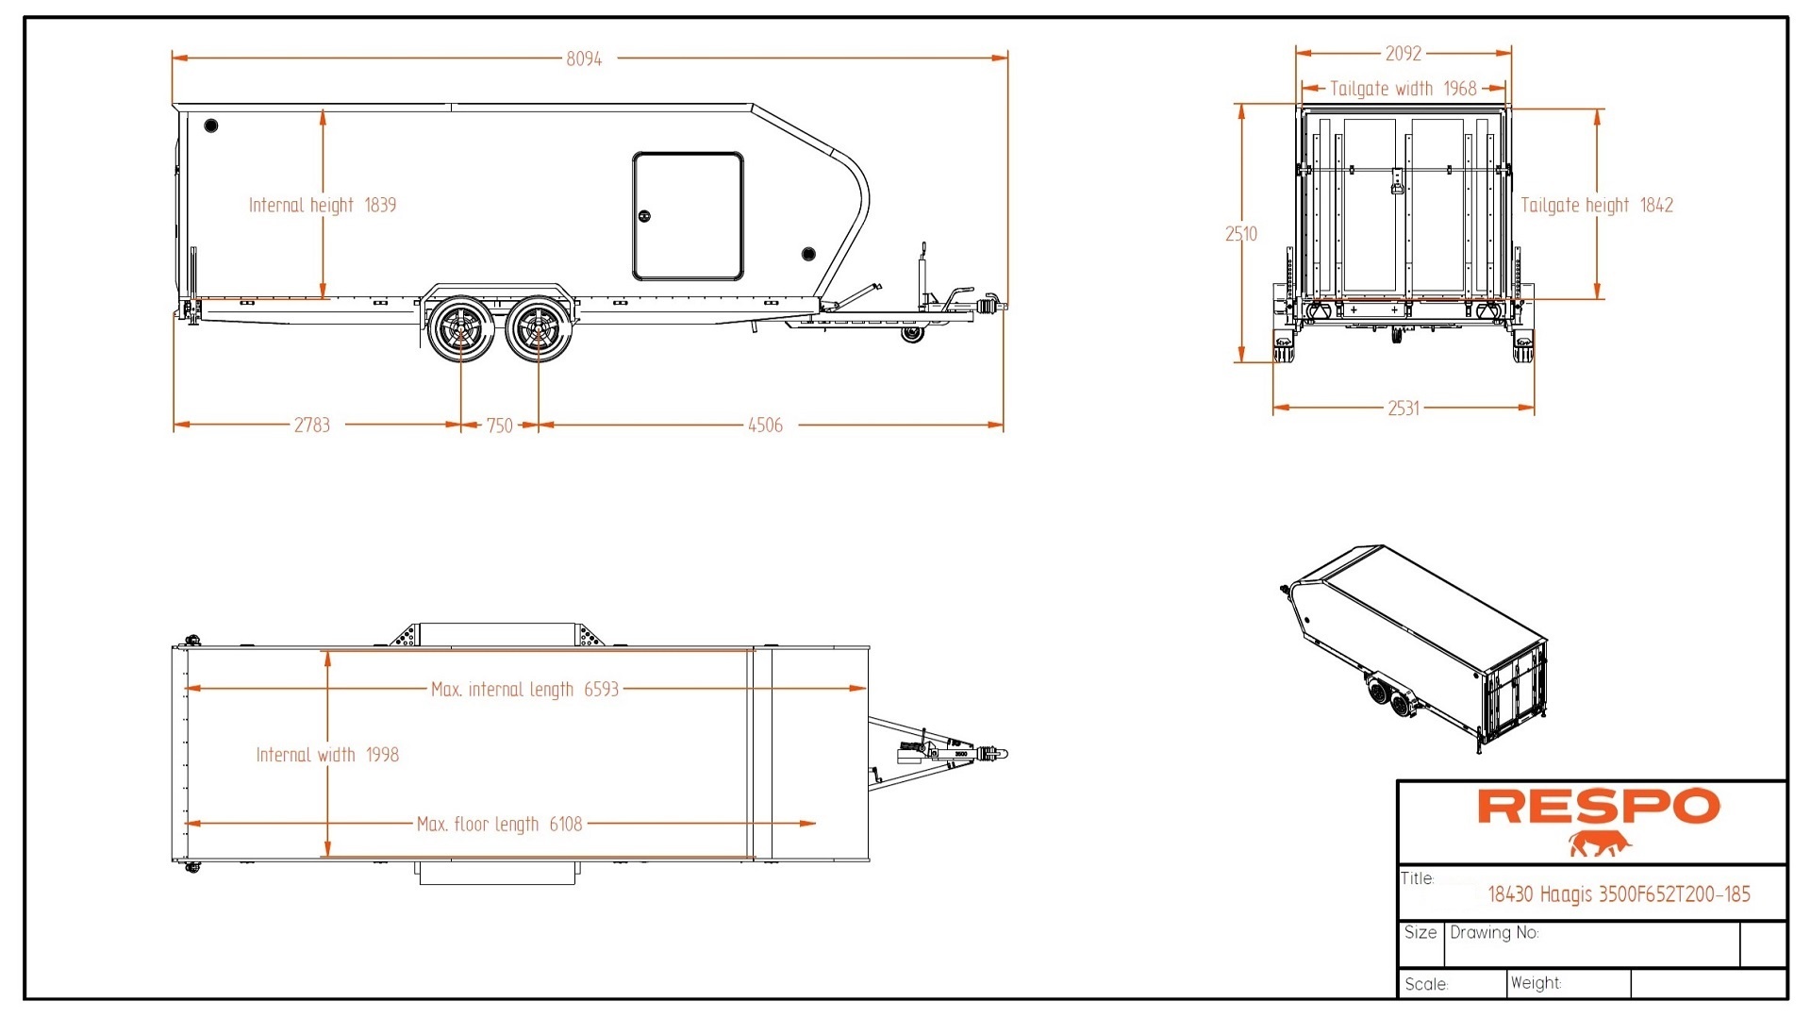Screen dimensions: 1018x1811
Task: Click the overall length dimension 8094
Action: point(584,58)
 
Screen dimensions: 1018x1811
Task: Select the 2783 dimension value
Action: point(312,426)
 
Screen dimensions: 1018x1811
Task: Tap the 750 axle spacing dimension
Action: point(500,426)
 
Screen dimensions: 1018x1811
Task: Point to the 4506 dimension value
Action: point(765,426)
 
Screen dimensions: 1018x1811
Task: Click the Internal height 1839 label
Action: point(323,206)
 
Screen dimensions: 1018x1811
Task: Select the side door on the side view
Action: point(688,216)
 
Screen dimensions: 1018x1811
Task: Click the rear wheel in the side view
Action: point(461,328)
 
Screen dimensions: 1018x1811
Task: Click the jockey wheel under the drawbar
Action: point(911,334)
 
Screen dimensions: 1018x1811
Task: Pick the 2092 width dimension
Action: point(1403,54)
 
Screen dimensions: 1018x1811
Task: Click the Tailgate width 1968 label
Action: point(1403,89)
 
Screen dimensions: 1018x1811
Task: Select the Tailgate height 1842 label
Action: point(1597,206)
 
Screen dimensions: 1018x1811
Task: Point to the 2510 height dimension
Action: point(1241,234)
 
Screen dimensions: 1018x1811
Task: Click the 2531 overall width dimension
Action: point(1403,408)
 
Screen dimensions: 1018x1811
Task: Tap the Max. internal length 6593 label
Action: point(524,690)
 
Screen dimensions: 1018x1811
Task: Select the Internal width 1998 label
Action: point(327,755)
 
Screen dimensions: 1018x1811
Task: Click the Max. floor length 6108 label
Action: point(500,825)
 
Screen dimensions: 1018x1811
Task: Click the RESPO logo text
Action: point(1598,808)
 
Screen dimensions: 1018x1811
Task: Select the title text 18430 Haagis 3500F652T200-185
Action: point(1619,894)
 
